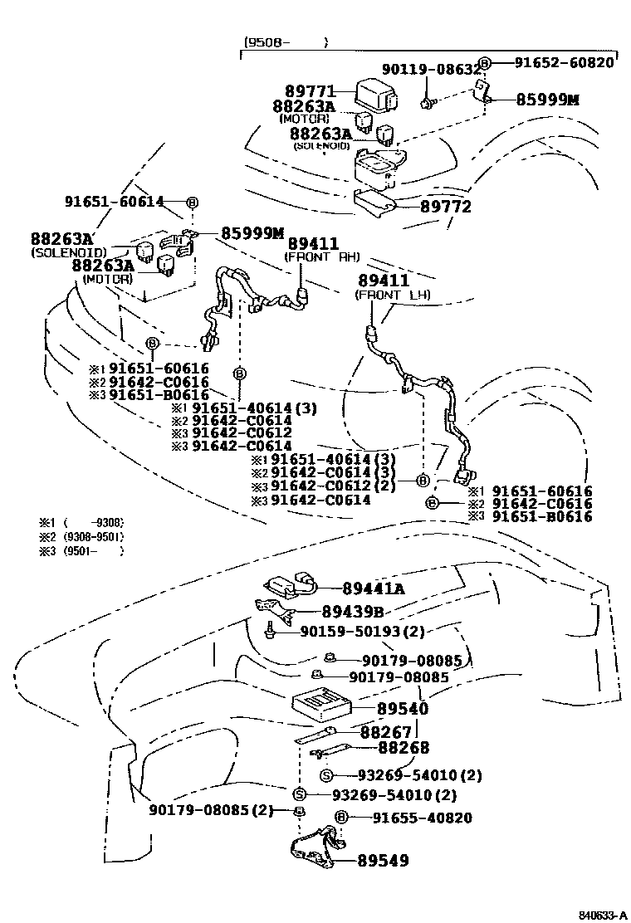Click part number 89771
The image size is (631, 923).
pos(311,91)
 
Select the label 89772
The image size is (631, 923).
pos(446,206)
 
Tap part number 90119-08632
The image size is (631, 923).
pos(431,69)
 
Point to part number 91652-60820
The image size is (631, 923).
pos(564,62)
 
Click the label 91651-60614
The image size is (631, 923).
pos(115,201)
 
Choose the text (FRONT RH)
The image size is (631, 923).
pos(321,257)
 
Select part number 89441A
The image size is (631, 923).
pos(374,588)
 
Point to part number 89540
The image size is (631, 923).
pos(403,709)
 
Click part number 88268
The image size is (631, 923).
pos(404,748)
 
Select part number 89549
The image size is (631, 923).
pos(384,861)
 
